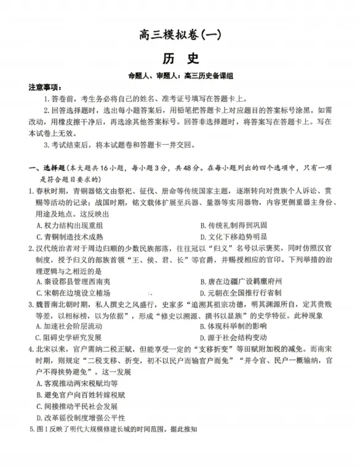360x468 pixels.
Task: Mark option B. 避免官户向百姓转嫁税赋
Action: (81, 395)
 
